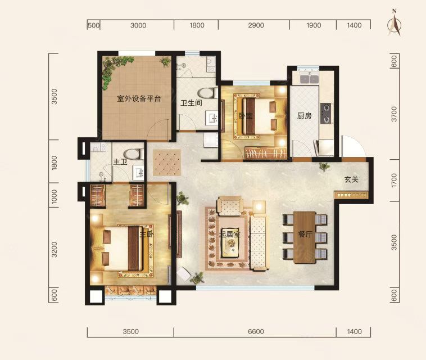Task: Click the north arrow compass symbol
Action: tap(395, 24)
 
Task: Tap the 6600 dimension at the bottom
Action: tap(256, 332)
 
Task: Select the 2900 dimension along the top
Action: tap(256, 25)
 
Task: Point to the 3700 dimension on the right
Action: tap(394, 114)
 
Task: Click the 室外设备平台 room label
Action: tap(139, 98)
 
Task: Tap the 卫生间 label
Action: tap(191, 103)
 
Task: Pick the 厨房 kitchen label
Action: tap(304, 116)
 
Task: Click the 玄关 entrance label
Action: tap(352, 179)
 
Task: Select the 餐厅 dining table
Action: tap(305, 237)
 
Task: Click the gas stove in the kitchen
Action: tap(326, 114)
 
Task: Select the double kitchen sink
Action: tap(309, 78)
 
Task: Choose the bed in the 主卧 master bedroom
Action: tap(123, 249)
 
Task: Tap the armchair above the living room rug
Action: tap(230, 206)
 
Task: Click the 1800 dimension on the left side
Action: tap(54, 163)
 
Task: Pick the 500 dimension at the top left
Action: tap(93, 25)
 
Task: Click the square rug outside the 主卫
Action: tap(167, 163)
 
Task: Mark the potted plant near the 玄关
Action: tap(324, 166)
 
